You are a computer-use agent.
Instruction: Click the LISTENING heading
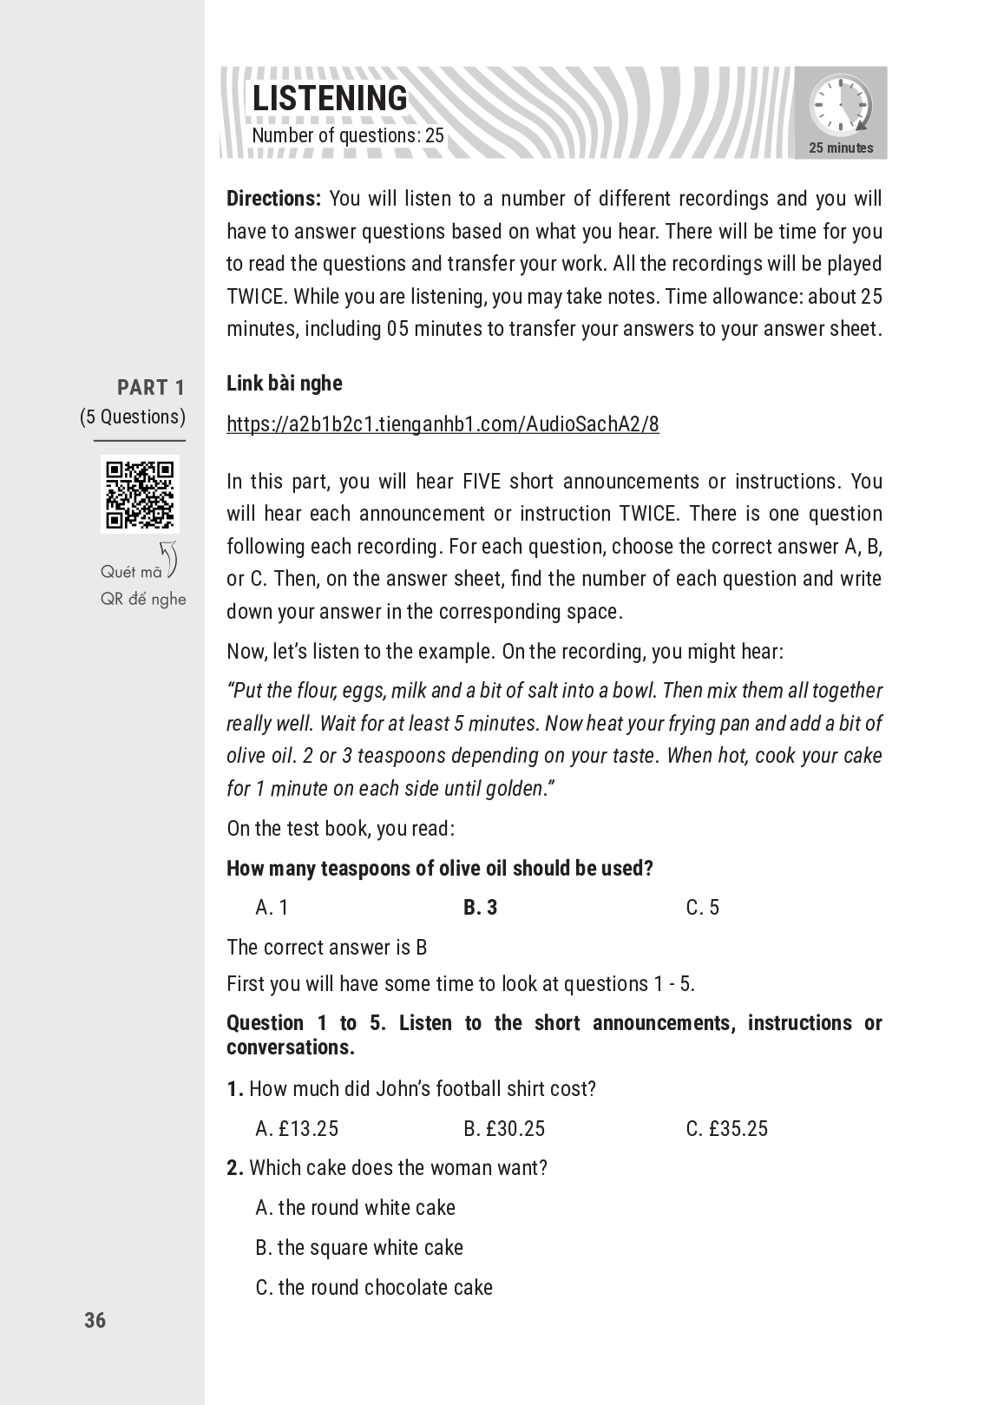(329, 99)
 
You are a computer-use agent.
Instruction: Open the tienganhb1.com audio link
(443, 424)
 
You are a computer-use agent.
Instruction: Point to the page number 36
(95, 1320)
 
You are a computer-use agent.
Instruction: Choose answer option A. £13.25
(297, 1128)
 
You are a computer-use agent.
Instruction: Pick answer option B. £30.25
(504, 1128)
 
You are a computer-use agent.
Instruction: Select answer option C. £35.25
(726, 1128)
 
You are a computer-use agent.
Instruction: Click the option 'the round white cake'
(356, 1207)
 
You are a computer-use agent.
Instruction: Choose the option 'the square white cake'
(359, 1247)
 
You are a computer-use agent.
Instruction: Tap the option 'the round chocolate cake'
(374, 1287)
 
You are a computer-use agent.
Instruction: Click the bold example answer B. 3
(480, 907)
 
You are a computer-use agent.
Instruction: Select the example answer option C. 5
(702, 907)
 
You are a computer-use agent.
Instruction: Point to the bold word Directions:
(273, 199)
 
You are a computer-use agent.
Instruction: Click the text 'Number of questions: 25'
(347, 135)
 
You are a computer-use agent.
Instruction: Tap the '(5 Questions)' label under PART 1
(133, 417)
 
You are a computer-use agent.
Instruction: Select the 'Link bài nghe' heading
(285, 383)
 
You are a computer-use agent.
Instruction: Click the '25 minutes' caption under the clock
(841, 148)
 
